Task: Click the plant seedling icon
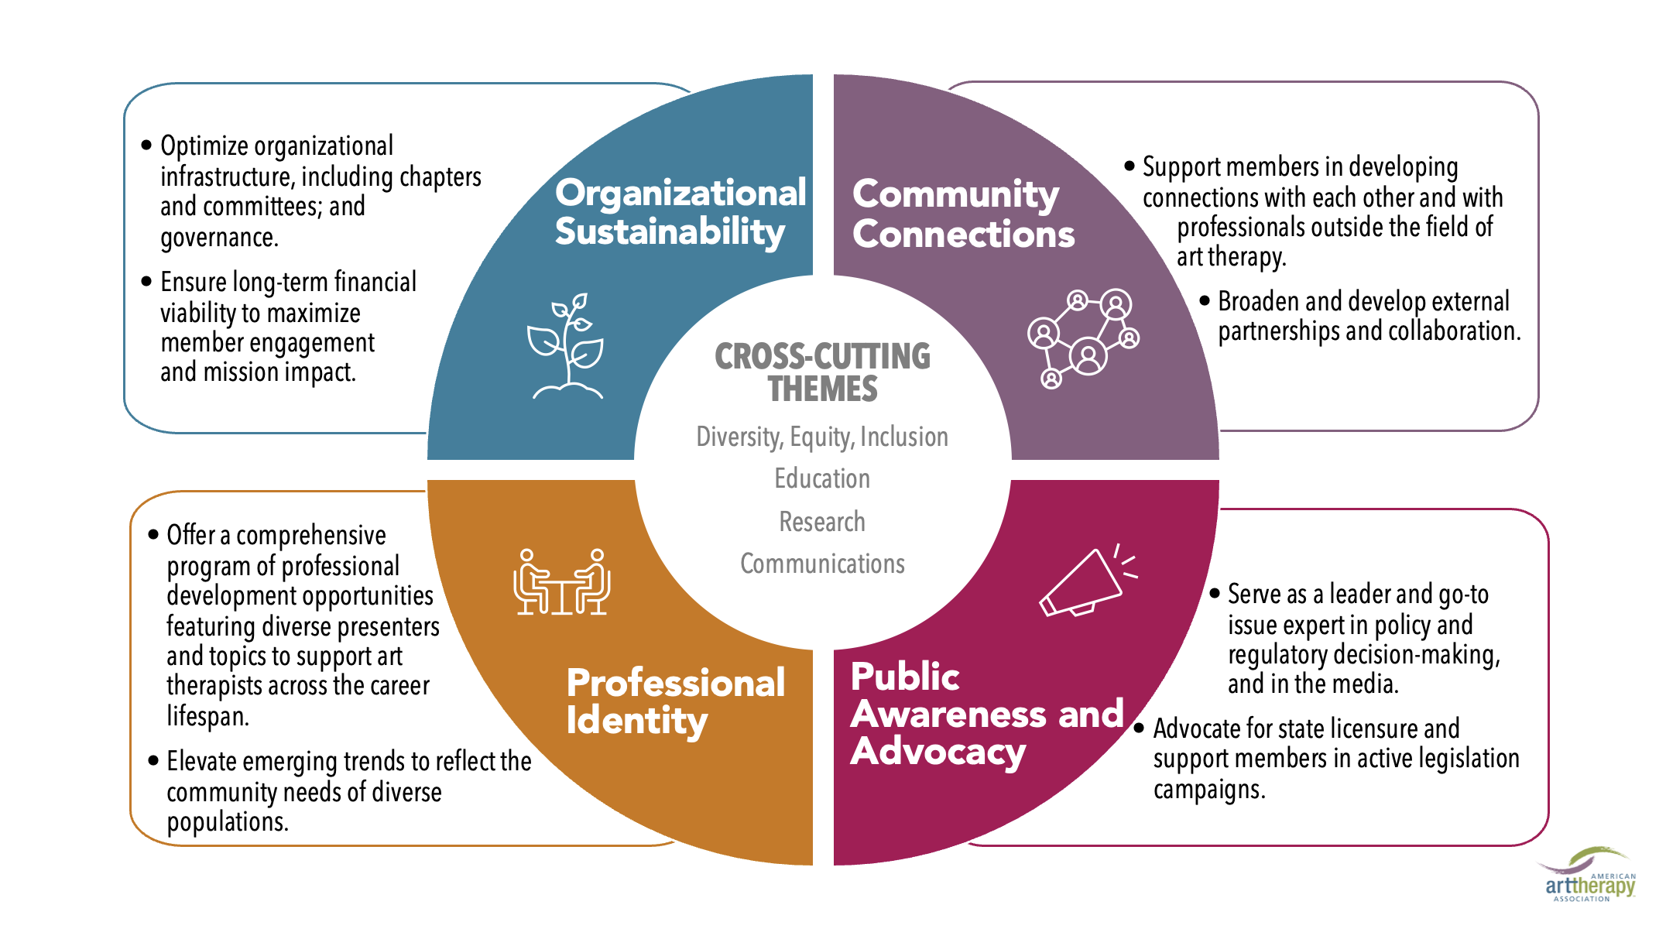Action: click(567, 346)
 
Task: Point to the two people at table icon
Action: click(561, 582)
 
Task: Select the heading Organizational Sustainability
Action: click(680, 212)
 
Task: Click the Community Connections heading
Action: click(962, 214)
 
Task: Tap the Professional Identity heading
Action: click(675, 701)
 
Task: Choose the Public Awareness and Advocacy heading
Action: click(985, 714)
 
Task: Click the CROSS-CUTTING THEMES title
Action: click(822, 372)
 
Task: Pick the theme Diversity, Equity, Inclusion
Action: click(822, 437)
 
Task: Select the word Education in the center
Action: click(822, 478)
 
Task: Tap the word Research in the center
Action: click(822, 522)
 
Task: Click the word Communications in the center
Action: click(822, 564)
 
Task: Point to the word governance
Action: click(219, 238)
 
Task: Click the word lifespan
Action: click(207, 716)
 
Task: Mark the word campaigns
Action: click(1208, 790)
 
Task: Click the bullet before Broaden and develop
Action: click(1205, 300)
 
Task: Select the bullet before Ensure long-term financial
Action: click(147, 282)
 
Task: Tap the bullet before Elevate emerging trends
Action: click(153, 761)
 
